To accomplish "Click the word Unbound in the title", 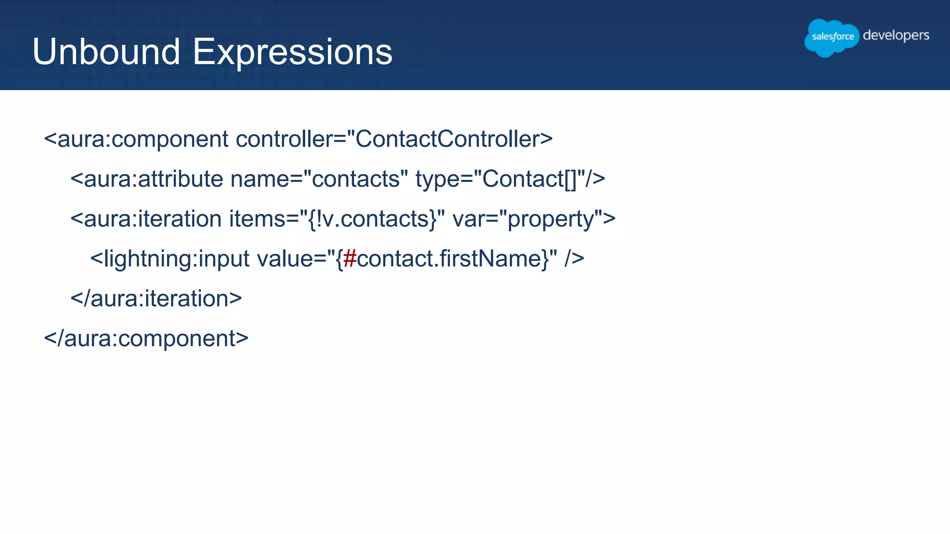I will (106, 52).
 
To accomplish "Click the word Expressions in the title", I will (292, 52).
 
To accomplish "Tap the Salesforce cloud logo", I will (832, 37).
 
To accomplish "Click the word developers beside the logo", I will (896, 36).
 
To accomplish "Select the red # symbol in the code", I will (350, 259).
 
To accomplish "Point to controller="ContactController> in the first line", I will (394, 139).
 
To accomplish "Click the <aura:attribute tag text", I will (147, 179).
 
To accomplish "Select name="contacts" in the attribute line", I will (319, 179).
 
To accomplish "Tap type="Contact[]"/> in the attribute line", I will (510, 179).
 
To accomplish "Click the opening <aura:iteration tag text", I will (146, 219).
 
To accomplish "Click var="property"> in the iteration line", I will (534, 219).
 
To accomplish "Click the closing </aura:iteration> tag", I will (156, 299).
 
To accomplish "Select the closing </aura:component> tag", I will (146, 338).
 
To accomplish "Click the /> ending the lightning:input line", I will (574, 259).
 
